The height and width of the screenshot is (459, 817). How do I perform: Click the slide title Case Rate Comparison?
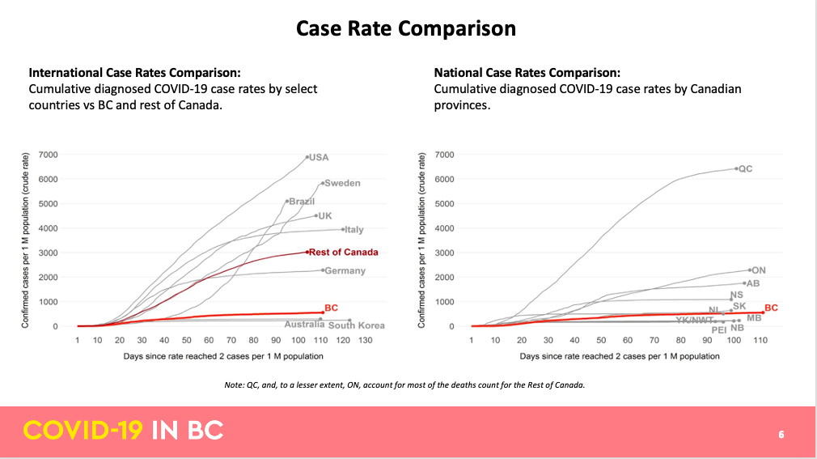click(405, 28)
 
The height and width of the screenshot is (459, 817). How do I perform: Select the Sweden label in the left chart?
click(342, 183)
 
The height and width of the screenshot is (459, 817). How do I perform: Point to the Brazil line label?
click(302, 201)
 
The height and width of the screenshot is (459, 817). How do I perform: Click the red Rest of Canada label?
click(344, 252)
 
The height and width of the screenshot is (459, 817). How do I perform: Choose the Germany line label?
click(345, 271)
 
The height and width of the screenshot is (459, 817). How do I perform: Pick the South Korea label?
click(357, 325)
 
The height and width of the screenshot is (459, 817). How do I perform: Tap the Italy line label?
click(354, 230)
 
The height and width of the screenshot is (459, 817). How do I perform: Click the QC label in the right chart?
click(746, 168)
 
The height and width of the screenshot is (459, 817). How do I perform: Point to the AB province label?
click(753, 284)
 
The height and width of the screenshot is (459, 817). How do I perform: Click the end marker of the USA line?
click(307, 157)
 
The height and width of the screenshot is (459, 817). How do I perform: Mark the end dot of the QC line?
click(736, 168)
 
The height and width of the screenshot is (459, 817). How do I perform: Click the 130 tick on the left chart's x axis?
click(366, 341)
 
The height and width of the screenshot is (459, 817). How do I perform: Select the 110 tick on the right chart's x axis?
click(760, 341)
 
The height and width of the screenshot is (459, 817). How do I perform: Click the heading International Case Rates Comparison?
click(135, 73)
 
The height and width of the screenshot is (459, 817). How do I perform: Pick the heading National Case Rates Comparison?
click(527, 73)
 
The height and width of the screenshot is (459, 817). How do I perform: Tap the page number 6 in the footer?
click(781, 434)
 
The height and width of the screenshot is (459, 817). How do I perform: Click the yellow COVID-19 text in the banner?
click(83, 431)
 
